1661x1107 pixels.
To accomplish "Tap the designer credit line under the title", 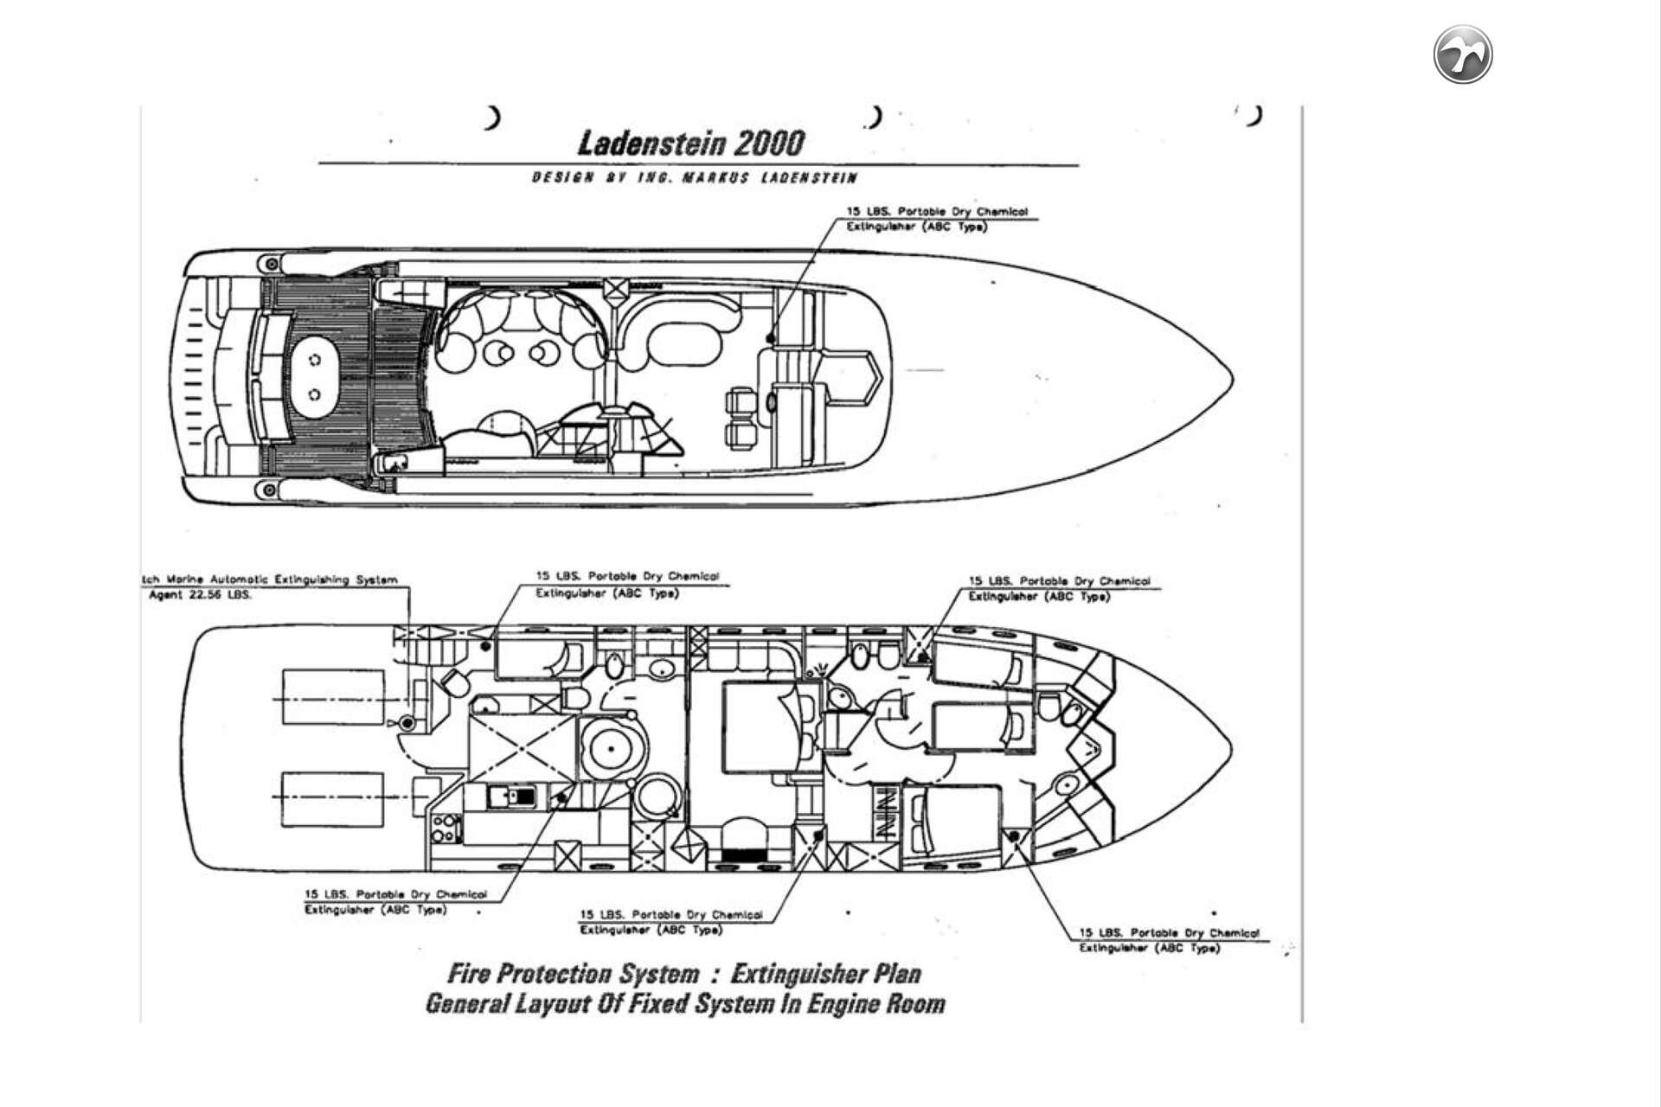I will point(695,178).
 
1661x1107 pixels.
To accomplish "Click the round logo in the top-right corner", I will point(1463,54).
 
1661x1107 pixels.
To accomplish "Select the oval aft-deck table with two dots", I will point(315,376).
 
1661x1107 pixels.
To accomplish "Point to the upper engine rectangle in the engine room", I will point(333,698).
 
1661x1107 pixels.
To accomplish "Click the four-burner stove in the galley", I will point(446,828).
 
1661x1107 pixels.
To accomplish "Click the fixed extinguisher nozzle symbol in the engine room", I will point(407,722).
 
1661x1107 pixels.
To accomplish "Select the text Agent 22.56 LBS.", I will point(200,595).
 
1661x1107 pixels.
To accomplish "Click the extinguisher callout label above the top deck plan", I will point(937,219).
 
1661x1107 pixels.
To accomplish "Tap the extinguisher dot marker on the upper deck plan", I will point(770,338).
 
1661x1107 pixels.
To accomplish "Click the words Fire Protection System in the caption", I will point(573,974).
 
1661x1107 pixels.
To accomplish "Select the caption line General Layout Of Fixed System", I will point(684,1005).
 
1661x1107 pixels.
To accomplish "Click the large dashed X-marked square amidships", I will point(523,749).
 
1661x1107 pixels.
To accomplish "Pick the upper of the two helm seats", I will point(740,401).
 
